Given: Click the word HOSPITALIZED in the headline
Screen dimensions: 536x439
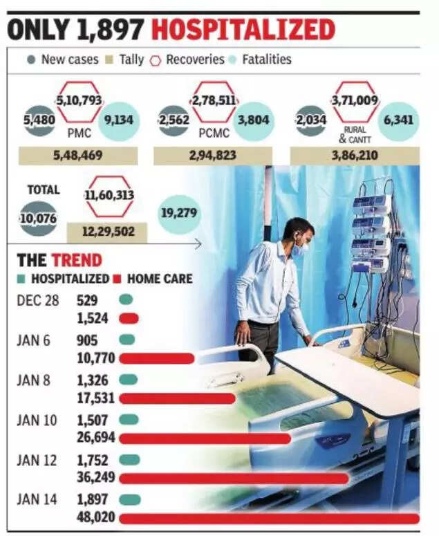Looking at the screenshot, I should pos(243,30).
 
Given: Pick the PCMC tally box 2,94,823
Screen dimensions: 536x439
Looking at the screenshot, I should pos(214,156).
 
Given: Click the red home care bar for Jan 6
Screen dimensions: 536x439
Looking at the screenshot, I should pos(156,358).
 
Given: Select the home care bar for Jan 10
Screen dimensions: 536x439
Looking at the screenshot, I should pos(205,438).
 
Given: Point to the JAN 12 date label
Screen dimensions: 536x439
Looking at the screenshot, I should pos(37,460).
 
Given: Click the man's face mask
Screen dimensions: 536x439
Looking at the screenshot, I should pos(298,250).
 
